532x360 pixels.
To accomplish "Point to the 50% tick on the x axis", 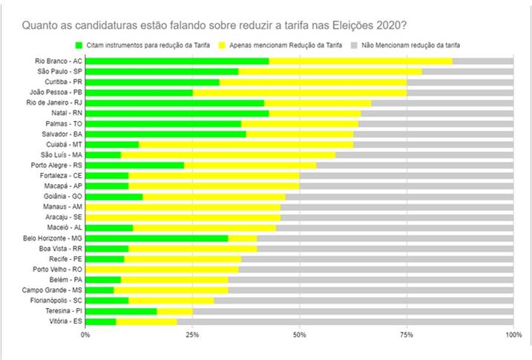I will click(x=299, y=336).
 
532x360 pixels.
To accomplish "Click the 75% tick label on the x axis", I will click(x=406, y=336).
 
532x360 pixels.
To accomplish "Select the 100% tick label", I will click(x=513, y=336).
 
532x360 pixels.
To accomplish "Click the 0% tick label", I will click(x=85, y=336).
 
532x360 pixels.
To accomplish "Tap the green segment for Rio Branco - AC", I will click(x=177, y=61).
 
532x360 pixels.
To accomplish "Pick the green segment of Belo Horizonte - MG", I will click(x=157, y=238).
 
